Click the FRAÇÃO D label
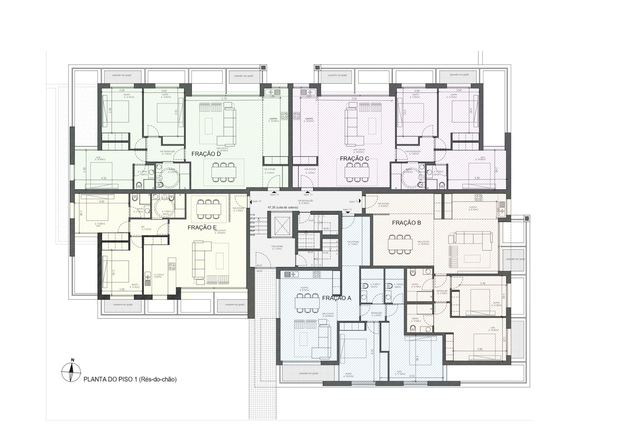pos(206,154)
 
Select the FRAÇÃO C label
pos(354,159)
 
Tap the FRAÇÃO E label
pos(202,228)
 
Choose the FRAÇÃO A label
pos(336,298)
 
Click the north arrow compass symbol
pos(71,372)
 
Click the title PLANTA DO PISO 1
pos(130,379)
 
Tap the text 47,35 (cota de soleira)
pos(283,207)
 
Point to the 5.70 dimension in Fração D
pos(224,98)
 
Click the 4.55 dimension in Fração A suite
pos(412,376)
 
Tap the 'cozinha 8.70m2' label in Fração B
pos(473,208)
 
